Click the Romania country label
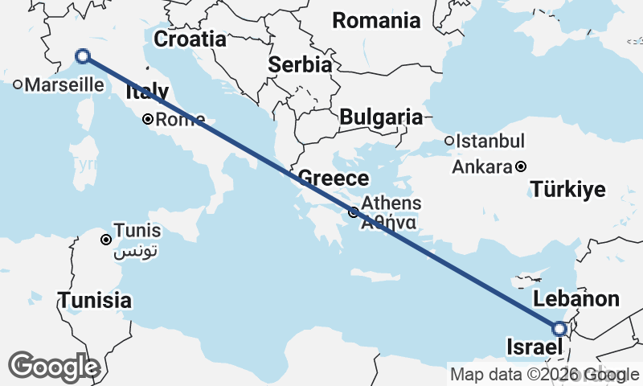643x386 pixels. [x=376, y=20]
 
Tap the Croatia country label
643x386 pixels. [x=190, y=39]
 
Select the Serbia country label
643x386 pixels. [x=301, y=65]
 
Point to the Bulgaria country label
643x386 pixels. [x=380, y=117]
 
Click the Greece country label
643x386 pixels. [x=334, y=179]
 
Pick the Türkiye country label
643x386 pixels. [x=567, y=190]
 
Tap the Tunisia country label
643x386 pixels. [x=94, y=301]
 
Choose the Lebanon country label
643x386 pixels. [x=577, y=299]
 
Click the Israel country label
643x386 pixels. [x=533, y=347]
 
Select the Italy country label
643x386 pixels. [x=147, y=92]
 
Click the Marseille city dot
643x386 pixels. [x=18, y=84]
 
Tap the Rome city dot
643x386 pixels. [x=148, y=120]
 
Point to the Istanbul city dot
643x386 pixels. [x=449, y=142]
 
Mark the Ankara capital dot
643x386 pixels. [x=521, y=167]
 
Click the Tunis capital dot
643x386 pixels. [x=105, y=240]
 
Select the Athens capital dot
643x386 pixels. [x=354, y=212]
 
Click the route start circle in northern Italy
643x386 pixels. [x=82, y=56]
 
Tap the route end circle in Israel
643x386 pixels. [x=560, y=328]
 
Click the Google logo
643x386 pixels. [x=53, y=367]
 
